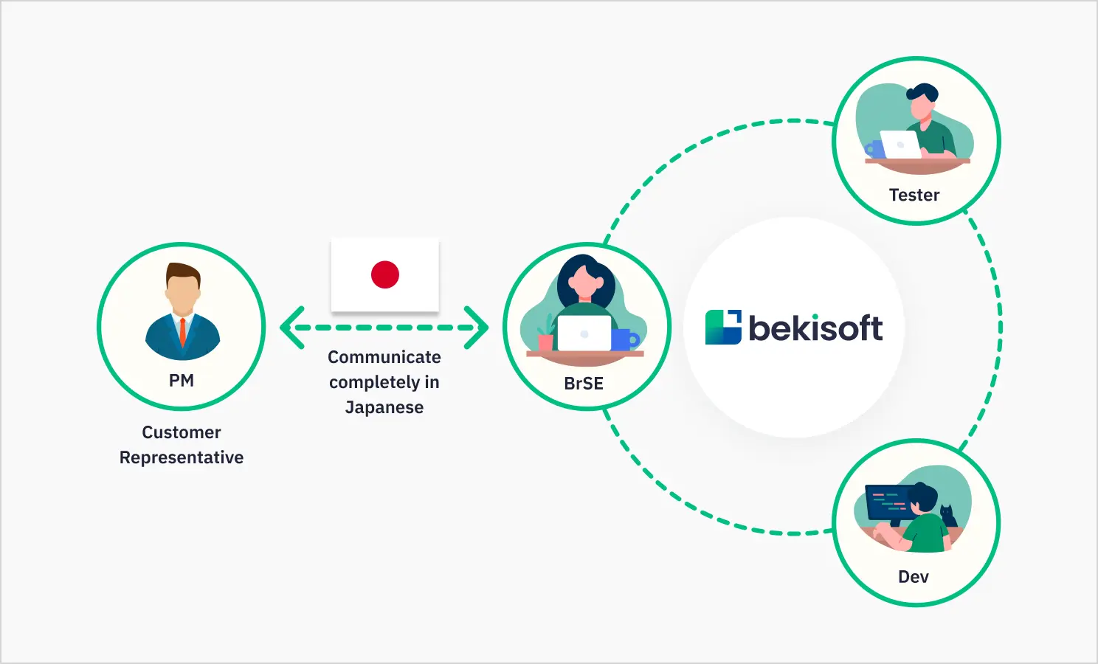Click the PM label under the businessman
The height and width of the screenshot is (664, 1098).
click(182, 381)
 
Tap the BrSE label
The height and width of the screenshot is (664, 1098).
click(584, 384)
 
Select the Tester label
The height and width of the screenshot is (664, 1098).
click(914, 195)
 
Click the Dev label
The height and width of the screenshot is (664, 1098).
click(914, 577)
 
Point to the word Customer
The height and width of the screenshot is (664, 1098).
click(182, 432)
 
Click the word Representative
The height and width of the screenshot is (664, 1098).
click(182, 457)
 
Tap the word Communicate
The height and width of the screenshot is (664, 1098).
click(384, 357)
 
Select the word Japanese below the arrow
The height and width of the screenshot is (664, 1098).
click(384, 407)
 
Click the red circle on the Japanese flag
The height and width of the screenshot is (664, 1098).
click(385, 274)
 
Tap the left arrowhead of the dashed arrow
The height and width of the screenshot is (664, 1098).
click(292, 328)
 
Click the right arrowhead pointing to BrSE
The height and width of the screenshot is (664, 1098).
click(477, 328)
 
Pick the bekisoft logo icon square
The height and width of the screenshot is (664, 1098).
click(723, 328)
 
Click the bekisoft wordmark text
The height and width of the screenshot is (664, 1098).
click(815, 328)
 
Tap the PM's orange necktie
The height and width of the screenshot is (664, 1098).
click(182, 331)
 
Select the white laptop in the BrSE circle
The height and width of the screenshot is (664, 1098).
click(584, 333)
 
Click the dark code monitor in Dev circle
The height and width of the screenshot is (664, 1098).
click(887, 502)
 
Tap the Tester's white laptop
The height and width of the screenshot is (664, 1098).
click(900, 144)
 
